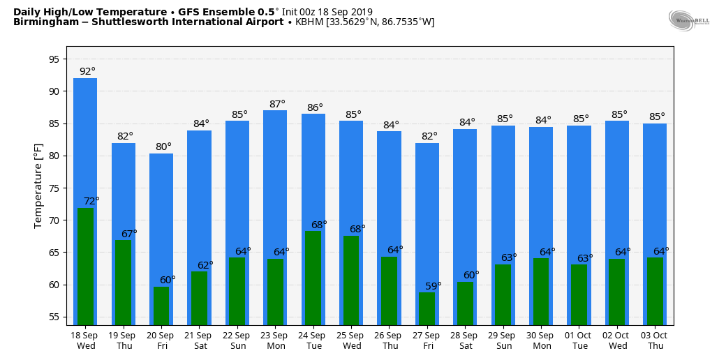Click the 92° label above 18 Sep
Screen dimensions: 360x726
click(87, 71)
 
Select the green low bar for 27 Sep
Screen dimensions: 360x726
click(427, 308)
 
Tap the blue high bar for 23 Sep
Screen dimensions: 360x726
click(275, 181)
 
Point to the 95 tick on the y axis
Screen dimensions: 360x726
click(54, 59)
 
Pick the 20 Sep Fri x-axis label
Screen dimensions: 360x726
click(161, 340)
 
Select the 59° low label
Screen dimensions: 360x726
click(434, 286)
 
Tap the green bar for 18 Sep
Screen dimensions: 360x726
click(85, 265)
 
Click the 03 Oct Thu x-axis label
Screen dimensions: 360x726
click(655, 340)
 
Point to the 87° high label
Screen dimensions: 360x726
click(277, 104)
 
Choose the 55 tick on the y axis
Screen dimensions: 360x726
click(54, 317)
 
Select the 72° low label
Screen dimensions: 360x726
click(91, 201)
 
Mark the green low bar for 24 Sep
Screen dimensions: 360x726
click(313, 278)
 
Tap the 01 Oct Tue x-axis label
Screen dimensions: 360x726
click(579, 340)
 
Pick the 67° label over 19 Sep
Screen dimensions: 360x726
click(129, 234)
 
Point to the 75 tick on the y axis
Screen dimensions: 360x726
click(54, 188)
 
